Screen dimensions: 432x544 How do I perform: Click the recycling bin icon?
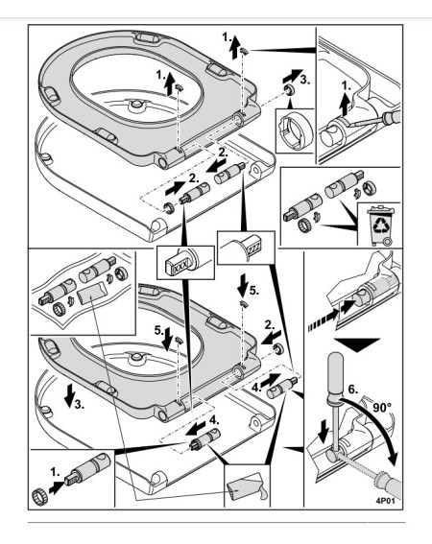pyautogui.click(x=382, y=225)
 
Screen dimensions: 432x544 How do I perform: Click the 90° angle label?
pyautogui.click(x=382, y=407)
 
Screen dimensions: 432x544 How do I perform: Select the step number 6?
pyautogui.click(x=352, y=390)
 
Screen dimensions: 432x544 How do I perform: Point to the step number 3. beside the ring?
pyautogui.click(x=304, y=80)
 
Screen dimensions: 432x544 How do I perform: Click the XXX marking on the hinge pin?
pyautogui.click(x=180, y=268)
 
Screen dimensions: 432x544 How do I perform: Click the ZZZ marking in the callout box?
pyautogui.click(x=253, y=248)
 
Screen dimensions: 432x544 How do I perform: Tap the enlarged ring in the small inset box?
pyautogui.click(x=296, y=130)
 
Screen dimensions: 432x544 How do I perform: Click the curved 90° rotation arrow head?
pyautogui.click(x=392, y=459)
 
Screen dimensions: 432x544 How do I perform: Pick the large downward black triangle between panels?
pyautogui.click(x=357, y=344)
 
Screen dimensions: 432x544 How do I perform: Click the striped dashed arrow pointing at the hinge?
pyautogui.click(x=323, y=321)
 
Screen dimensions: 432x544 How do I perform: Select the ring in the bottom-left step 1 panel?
pyautogui.click(x=40, y=496)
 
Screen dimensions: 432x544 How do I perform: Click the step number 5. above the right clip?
pyautogui.click(x=253, y=290)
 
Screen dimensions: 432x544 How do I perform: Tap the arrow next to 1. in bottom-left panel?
pyautogui.click(x=57, y=486)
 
